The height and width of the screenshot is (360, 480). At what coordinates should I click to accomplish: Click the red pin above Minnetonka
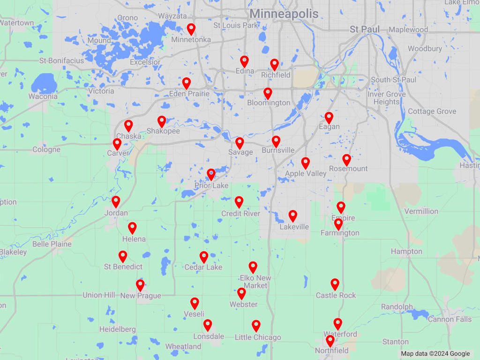191,29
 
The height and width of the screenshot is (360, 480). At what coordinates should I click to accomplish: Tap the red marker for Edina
244,61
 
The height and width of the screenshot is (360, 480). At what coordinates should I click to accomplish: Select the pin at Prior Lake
211,174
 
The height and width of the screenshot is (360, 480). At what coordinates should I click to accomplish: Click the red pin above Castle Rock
335,284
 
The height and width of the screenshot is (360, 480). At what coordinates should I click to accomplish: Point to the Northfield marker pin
330,341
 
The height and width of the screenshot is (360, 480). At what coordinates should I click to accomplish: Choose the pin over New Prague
140,285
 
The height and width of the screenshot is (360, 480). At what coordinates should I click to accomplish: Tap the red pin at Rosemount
346,160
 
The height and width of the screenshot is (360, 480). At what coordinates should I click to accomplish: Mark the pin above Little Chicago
256,325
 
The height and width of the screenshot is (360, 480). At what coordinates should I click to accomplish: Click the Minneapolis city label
284,14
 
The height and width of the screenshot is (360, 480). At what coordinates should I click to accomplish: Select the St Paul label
365,29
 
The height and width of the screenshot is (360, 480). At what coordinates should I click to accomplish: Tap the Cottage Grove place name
432,112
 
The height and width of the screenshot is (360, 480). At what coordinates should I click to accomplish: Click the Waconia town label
43,97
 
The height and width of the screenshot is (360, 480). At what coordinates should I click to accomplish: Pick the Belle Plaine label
52,244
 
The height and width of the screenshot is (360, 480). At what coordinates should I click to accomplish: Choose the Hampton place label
406,252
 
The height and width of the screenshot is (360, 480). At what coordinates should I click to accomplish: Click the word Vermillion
421,211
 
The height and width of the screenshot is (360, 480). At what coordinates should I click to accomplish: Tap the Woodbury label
425,49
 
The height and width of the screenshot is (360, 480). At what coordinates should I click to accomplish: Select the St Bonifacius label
61,60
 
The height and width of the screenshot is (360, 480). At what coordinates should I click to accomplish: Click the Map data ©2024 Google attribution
435,354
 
